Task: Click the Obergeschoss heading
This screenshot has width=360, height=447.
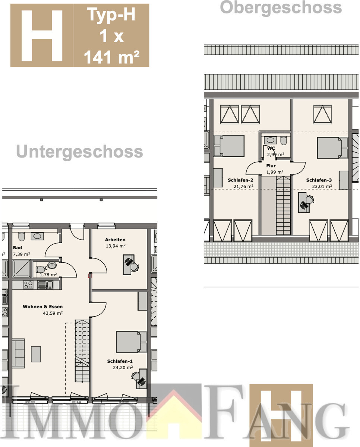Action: click(x=281, y=7)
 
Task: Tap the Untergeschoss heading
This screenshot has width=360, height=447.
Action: click(x=79, y=152)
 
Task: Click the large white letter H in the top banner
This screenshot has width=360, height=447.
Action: click(x=42, y=35)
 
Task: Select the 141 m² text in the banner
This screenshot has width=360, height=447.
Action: click(x=111, y=57)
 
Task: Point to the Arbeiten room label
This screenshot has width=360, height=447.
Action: click(x=115, y=240)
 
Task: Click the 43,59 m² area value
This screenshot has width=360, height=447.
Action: click(x=53, y=313)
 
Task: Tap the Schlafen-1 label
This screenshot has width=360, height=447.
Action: click(x=120, y=361)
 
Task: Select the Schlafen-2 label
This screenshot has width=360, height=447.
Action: click(x=240, y=180)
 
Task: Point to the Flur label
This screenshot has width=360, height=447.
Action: click(x=271, y=166)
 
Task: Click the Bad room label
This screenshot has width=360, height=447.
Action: click(x=18, y=248)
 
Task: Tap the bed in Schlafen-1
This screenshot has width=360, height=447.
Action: click(x=131, y=342)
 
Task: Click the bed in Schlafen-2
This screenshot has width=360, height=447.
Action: click(x=229, y=146)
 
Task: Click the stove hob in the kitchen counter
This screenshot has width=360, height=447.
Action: click(x=28, y=285)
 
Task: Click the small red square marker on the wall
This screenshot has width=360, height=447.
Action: click(x=89, y=276)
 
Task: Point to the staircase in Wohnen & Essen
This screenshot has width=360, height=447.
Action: click(x=82, y=350)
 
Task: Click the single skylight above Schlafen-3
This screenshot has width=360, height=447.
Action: click(x=322, y=114)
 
